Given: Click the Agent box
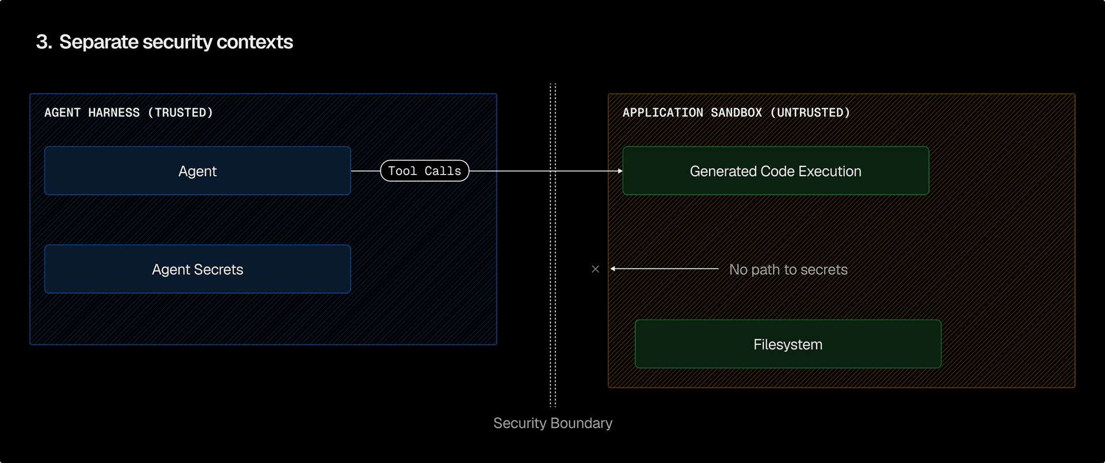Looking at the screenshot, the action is pyautogui.click(x=197, y=171).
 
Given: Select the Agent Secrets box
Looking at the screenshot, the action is pyautogui.click(x=197, y=270).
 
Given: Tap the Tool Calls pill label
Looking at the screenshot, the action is pyautogui.click(x=425, y=171).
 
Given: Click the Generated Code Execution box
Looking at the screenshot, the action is pyautogui.click(x=776, y=171).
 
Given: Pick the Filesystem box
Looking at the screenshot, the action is pyautogui.click(x=788, y=344).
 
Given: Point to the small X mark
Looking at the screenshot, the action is pyautogui.click(x=596, y=269).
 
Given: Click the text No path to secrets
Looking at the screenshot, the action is pyautogui.click(x=788, y=270).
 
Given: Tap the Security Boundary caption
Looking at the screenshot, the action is pyautogui.click(x=553, y=423).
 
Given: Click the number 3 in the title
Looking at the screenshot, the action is pyautogui.click(x=42, y=42).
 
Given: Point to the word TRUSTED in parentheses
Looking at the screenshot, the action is pyautogui.click(x=180, y=113).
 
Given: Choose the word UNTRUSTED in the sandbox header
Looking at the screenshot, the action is pyautogui.click(x=810, y=113).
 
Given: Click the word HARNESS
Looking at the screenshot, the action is pyautogui.click(x=114, y=113).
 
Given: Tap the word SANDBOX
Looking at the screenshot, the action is pyautogui.click(x=736, y=113).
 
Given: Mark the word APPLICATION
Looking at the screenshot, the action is pyautogui.click(x=663, y=113).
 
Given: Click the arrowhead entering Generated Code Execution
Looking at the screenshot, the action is pyautogui.click(x=620, y=171).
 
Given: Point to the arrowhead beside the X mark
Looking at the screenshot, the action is pyautogui.click(x=613, y=269).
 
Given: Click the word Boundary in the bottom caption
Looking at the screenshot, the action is pyautogui.click(x=581, y=423).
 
